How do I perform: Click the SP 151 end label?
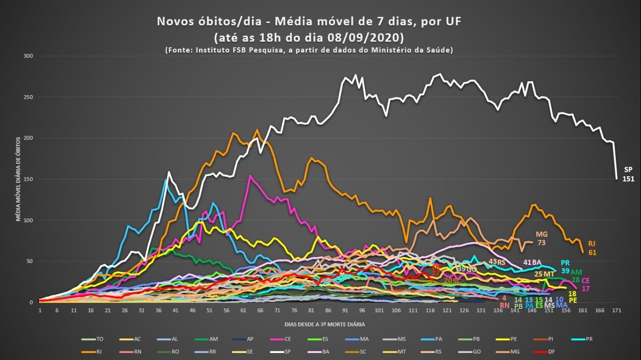pos(628,174)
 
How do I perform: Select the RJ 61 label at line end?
pos(592,248)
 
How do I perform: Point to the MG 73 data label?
pos(541,238)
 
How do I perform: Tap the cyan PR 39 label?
pos(565,266)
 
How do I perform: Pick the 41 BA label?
pos(532,262)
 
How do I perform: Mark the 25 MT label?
pos(544,274)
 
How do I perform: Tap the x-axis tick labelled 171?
pos(616,310)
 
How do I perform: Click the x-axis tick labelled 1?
pos(40,310)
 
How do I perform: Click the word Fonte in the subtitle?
pos(180,50)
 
